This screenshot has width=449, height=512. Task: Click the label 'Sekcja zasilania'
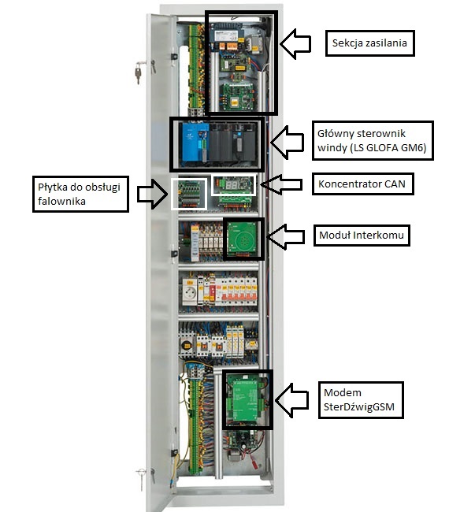click(x=369, y=43)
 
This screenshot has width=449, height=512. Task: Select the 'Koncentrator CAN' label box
click(x=362, y=184)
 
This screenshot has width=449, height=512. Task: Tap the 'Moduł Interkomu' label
click(x=362, y=235)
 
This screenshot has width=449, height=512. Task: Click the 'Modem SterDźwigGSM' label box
click(x=361, y=399)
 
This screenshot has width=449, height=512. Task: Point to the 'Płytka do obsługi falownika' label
click(x=80, y=194)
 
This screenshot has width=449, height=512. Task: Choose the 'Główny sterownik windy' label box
click(x=373, y=140)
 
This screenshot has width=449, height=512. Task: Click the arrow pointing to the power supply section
click(x=295, y=44)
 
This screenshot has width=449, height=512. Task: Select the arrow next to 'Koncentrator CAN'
click(x=281, y=184)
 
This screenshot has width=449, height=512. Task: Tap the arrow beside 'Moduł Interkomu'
click(x=285, y=236)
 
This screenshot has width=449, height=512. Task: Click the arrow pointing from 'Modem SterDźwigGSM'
click(x=291, y=400)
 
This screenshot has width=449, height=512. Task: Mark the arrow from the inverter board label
click(x=152, y=194)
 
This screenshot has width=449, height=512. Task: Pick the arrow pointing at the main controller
click(x=287, y=143)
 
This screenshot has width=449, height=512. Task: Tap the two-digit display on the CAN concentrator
click(x=230, y=185)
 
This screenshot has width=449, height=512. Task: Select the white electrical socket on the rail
click(x=190, y=292)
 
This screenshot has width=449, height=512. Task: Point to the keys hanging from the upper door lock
click(x=139, y=72)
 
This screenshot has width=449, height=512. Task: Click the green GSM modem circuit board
click(x=247, y=399)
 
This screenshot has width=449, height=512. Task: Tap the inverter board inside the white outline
click(x=189, y=194)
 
